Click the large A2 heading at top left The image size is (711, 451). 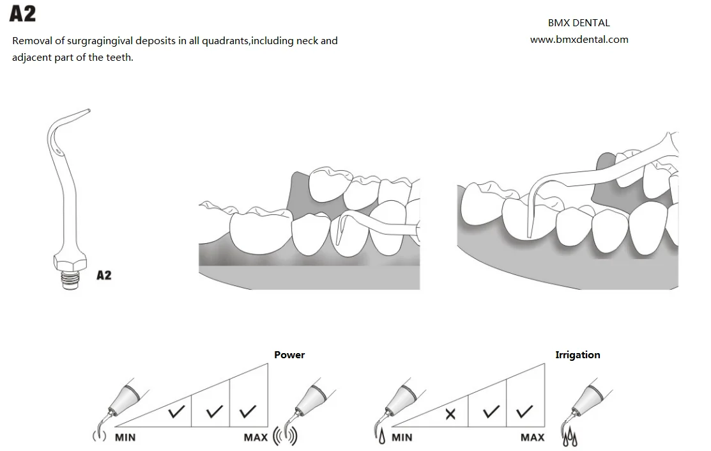[x=22, y=13]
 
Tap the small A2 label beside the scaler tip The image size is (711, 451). [x=104, y=275]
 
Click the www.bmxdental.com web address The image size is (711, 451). [x=579, y=40]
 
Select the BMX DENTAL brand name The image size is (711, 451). [x=579, y=22]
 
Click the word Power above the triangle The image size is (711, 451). [x=289, y=354]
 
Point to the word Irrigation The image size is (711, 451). [x=577, y=354]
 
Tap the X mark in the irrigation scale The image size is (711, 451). [x=450, y=414]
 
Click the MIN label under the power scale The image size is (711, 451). [x=125, y=438]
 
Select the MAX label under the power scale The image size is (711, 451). [x=256, y=438]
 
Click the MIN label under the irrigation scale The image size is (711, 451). [x=402, y=438]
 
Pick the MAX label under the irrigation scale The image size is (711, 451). [x=532, y=438]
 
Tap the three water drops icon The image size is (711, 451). [x=570, y=437]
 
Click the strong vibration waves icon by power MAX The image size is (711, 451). [x=286, y=435]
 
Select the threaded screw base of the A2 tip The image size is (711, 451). [x=71, y=280]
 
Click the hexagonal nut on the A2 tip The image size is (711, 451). [x=70, y=262]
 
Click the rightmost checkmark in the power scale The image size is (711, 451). [x=248, y=411]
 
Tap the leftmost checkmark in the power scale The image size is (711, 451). [x=176, y=411]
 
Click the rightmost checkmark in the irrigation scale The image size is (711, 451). [x=524, y=411]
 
